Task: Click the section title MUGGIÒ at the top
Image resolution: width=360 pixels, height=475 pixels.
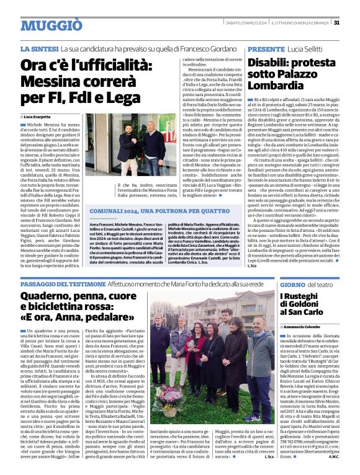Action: point(51,25)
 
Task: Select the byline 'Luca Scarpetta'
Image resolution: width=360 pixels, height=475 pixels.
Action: point(40,117)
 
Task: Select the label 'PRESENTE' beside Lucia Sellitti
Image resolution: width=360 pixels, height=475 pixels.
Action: point(266,48)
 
